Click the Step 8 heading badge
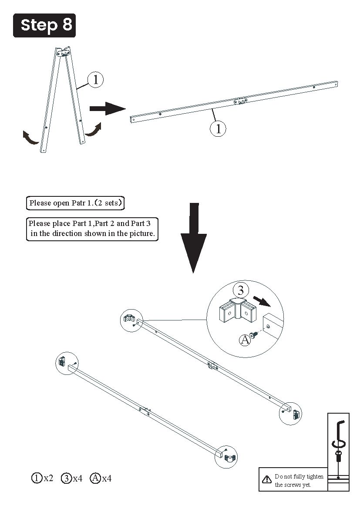coord(44,25)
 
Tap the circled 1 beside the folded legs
coord(95,80)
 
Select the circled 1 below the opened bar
coord(218,128)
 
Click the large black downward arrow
coord(193,238)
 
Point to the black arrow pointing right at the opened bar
coord(108,108)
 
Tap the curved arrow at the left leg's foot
coord(30,137)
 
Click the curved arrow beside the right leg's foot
coord(94,129)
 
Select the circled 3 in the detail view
coord(241,290)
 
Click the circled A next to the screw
coord(245,340)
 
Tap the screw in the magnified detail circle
coord(255,334)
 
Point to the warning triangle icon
coord(267,479)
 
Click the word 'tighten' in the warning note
coord(315,476)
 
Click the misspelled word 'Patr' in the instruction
coord(79,203)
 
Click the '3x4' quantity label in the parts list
coord(72,478)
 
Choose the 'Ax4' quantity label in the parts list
coord(101,478)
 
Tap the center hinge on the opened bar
coord(240,101)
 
